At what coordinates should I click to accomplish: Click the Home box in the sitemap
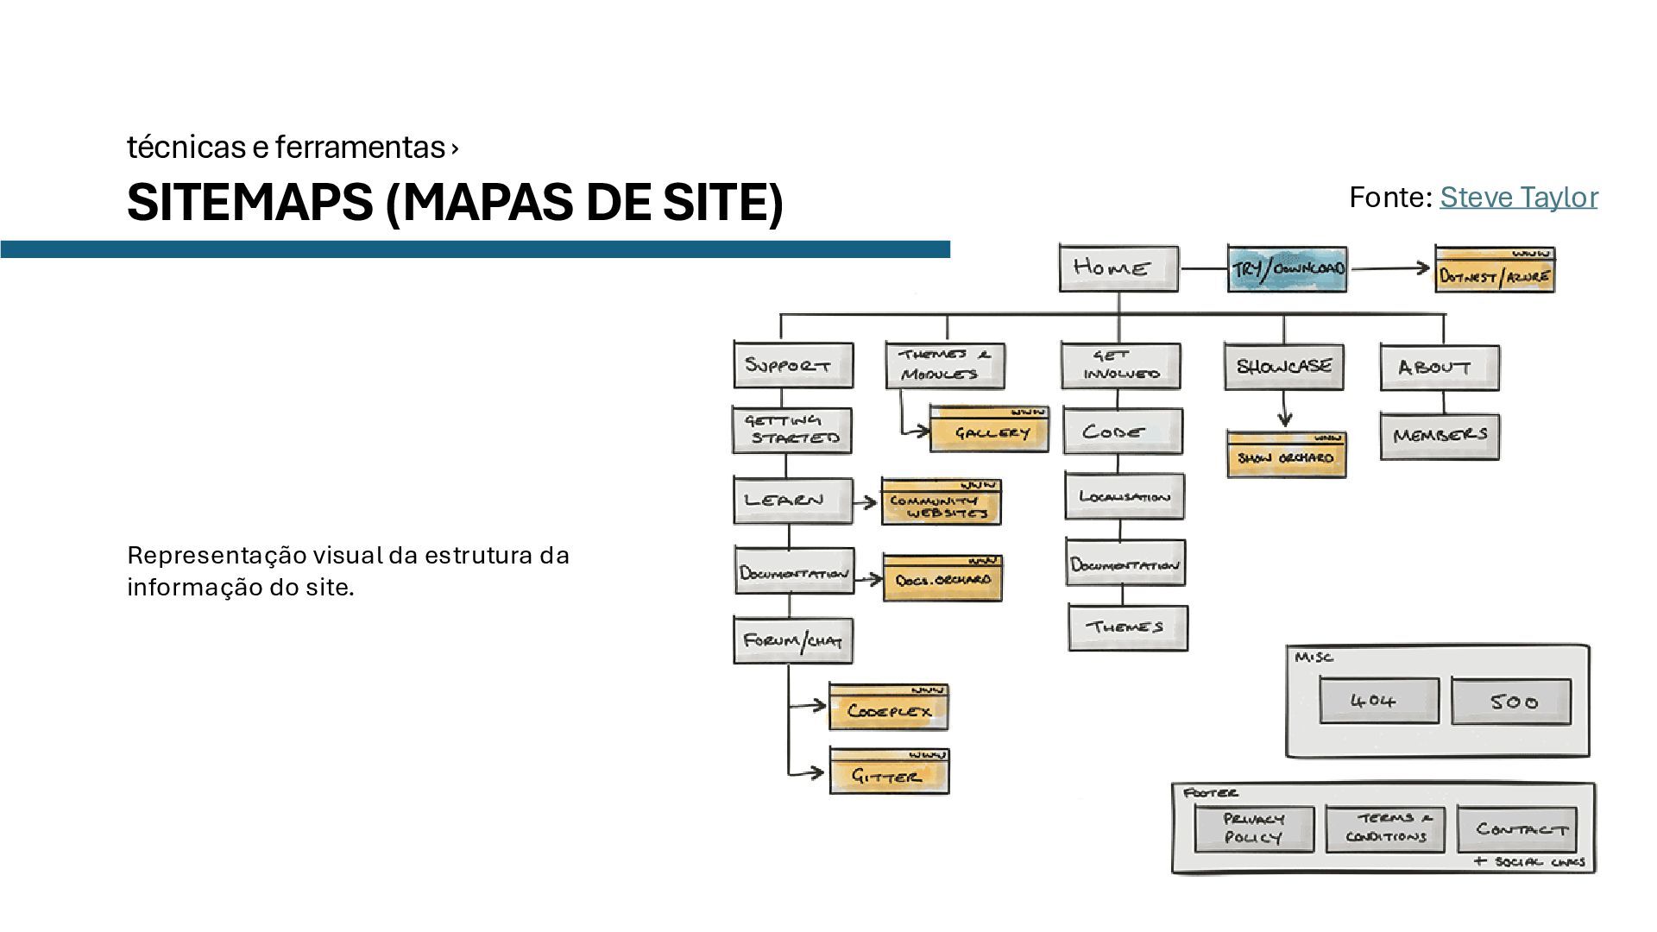1118,268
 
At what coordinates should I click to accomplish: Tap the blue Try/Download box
1287,269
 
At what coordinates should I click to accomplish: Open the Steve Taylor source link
1518,198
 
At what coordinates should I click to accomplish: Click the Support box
793,365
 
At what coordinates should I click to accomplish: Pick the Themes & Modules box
945,365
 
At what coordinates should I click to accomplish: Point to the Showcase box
1283,366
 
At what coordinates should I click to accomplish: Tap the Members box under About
1440,436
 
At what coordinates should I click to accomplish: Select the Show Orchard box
1286,456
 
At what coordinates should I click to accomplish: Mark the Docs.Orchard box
942,579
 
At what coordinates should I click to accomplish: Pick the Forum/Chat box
793,641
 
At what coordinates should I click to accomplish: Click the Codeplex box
888,708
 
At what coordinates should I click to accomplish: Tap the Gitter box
889,772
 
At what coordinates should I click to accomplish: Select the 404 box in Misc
1378,701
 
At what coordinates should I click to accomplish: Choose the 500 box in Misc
1510,702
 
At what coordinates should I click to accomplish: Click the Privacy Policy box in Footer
1254,828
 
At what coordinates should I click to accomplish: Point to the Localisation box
1124,496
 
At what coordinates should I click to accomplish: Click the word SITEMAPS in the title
249,203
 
